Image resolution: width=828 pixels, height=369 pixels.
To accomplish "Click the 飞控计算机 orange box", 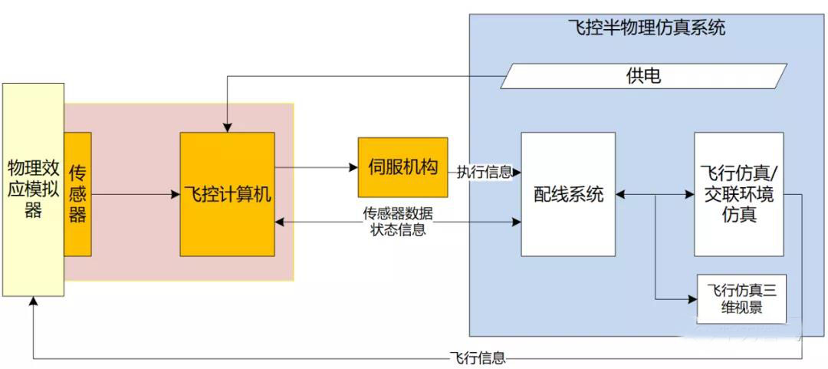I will coord(227,194).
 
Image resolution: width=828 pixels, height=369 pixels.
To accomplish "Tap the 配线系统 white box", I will coord(568,194).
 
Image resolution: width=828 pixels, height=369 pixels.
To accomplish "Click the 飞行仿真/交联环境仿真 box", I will coord(738,194).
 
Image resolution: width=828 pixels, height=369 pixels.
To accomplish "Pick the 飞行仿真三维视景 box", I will coord(741,298).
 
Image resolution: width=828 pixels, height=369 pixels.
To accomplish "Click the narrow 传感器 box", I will coord(77,194).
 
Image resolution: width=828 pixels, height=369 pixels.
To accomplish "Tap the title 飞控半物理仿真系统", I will coord(646,29).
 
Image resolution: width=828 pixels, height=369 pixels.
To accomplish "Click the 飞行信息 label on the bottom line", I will coord(478,357).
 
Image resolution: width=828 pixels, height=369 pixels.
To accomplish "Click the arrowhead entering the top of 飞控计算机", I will coord(227,127).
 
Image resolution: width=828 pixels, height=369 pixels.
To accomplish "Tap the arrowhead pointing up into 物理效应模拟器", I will coord(33,301).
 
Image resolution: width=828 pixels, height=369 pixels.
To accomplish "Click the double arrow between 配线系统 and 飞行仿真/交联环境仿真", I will coord(655,195).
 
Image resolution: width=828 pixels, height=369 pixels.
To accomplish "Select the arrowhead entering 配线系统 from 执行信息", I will coord(517,172).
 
